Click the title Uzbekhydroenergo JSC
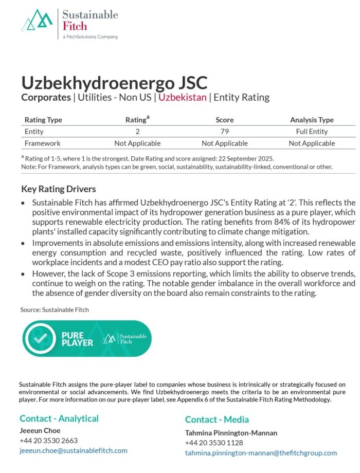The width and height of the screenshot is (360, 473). pyautogui.click(x=114, y=83)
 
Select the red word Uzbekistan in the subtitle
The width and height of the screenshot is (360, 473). pyautogui.click(x=183, y=97)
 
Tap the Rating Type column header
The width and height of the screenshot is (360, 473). pyautogui.click(x=43, y=120)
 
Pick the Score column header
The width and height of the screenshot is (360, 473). pyautogui.click(x=224, y=120)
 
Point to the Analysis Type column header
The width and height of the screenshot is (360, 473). pyautogui.click(x=312, y=120)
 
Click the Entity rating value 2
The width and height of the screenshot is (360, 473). pyautogui.click(x=137, y=132)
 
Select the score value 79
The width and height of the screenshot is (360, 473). pyautogui.click(x=224, y=132)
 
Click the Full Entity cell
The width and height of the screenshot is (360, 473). pyautogui.click(x=312, y=132)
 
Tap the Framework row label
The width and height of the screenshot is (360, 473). pyautogui.click(x=42, y=143)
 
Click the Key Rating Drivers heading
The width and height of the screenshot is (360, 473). pyautogui.click(x=59, y=189)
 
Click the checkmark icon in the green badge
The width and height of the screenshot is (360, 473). pyautogui.click(x=40, y=338)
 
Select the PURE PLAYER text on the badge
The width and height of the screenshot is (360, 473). pyautogui.click(x=77, y=339)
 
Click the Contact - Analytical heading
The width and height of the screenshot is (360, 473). pyautogui.click(x=59, y=419)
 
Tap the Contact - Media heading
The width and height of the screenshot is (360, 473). pyautogui.click(x=217, y=420)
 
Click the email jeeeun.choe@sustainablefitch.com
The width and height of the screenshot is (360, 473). pyautogui.click(x=74, y=450)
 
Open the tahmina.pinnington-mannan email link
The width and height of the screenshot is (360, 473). pyautogui.click(x=261, y=453)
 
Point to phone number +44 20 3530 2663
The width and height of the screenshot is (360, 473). pyautogui.click(x=48, y=441)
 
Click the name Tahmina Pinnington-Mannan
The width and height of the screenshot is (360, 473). pyautogui.click(x=231, y=433)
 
